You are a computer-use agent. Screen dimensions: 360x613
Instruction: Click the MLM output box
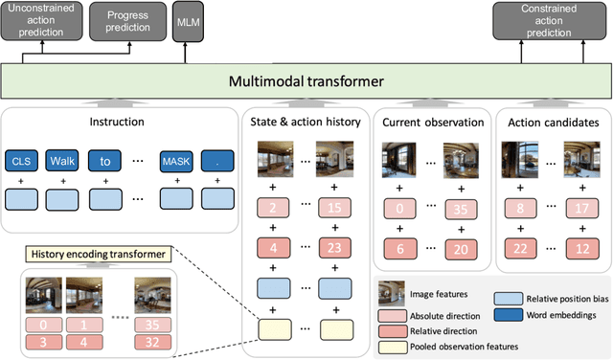click(x=185, y=20)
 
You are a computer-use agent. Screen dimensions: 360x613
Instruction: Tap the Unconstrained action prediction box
click(x=42, y=20)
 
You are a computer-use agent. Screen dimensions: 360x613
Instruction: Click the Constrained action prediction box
click(x=549, y=20)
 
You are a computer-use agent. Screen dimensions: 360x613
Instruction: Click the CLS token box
click(x=22, y=160)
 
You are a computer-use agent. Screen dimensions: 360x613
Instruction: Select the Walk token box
click(x=62, y=160)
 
